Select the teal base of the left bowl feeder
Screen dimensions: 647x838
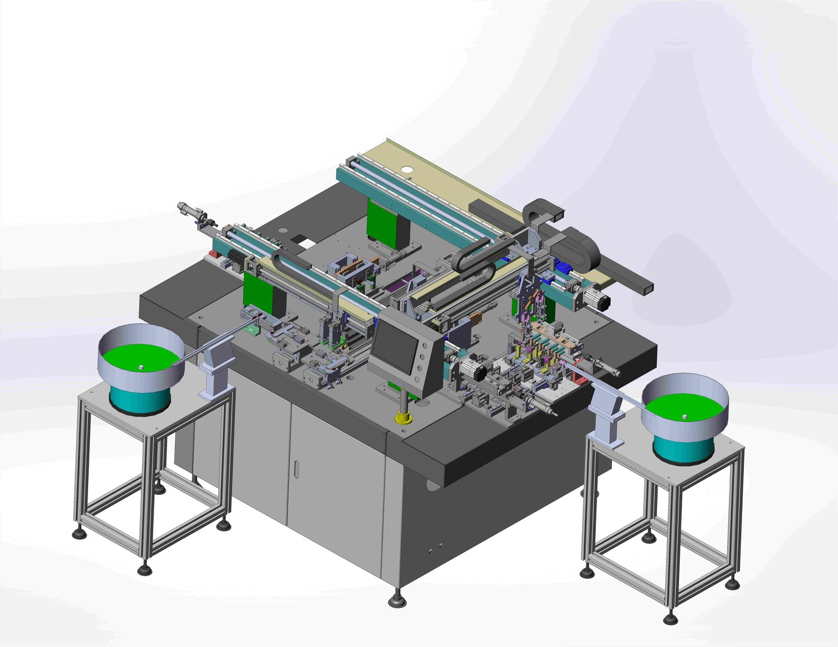139,398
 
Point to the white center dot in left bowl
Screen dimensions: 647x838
140,367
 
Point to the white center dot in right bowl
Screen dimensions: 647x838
684,415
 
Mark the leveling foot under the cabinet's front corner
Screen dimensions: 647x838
396,598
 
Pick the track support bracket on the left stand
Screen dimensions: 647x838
213,373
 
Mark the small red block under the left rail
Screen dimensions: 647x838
212,259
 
